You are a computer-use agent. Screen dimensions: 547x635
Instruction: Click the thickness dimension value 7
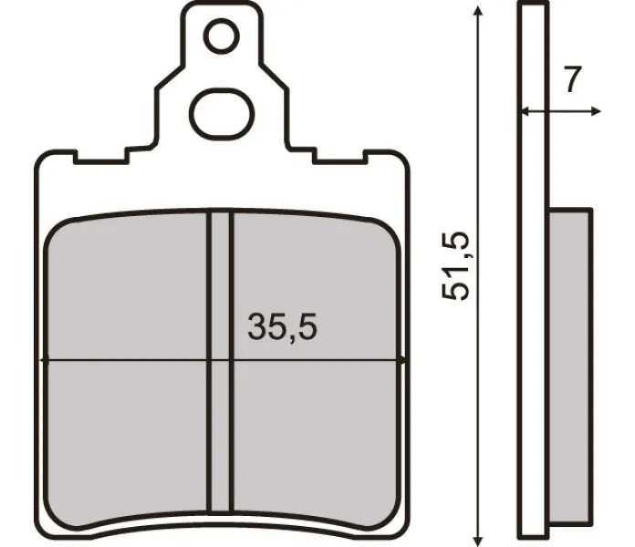coord(572,80)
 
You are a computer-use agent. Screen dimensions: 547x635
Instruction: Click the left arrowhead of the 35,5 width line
coord(47,360)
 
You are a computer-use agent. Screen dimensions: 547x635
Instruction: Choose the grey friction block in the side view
coord(571,365)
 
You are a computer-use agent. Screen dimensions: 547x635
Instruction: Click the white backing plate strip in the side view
coord(533,273)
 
